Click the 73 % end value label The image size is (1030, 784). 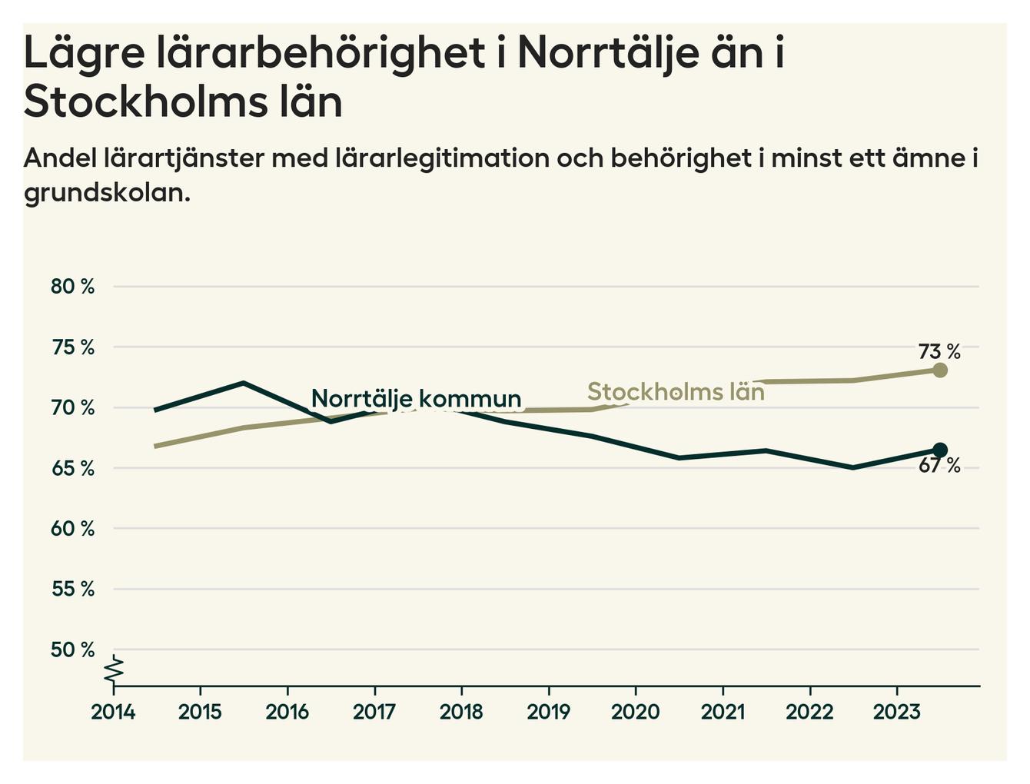(939, 352)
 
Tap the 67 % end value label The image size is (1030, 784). (939, 466)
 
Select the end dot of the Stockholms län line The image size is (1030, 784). (939, 370)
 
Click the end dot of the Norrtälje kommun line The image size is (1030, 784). (939, 450)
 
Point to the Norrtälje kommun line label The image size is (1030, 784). (416, 399)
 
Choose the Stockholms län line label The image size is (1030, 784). (676, 392)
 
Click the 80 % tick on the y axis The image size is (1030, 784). (72, 287)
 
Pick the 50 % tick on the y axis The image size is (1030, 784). (72, 650)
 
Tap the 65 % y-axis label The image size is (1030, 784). (72, 468)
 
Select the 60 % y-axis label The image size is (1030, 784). (72, 529)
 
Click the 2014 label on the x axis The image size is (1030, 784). (113, 712)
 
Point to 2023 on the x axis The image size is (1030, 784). (896, 712)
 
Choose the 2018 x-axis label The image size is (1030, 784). (461, 712)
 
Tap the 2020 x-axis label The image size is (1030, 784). (635, 712)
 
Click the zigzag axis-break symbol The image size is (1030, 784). (114, 670)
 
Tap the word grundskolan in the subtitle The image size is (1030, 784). (106, 192)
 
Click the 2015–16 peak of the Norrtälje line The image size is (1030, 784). (243, 383)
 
